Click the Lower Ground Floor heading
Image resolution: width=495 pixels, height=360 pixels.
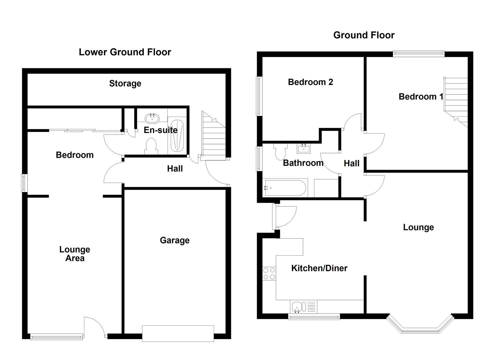click(125, 52)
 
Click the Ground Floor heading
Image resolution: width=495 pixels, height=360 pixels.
click(364, 35)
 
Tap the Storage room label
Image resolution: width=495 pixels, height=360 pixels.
click(125, 83)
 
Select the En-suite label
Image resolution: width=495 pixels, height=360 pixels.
click(160, 130)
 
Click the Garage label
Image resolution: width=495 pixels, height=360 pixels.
click(175, 240)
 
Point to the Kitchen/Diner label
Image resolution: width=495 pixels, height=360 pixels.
click(319, 268)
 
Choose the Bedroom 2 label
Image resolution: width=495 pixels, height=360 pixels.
click(310, 82)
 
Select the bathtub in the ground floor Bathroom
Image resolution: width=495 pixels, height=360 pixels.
click(285, 188)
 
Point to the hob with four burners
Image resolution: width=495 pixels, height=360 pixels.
click(269, 274)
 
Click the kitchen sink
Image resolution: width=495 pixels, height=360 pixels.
click(297, 306)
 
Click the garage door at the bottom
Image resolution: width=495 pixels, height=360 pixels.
click(178, 334)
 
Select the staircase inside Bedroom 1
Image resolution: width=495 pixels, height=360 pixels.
click(456, 100)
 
